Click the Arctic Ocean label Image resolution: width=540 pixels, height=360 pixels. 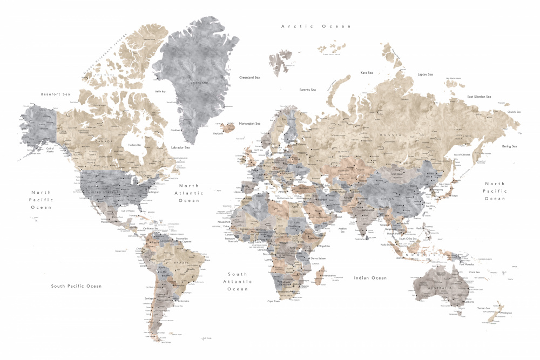(316, 26)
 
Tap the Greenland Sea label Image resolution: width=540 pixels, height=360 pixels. (250, 77)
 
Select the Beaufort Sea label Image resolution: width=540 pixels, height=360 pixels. (56, 94)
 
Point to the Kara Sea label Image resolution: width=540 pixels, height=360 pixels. (367, 72)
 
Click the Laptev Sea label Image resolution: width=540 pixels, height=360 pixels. (425, 74)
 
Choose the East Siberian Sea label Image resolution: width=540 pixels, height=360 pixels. (479, 97)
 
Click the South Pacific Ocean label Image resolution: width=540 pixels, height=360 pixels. (76, 286)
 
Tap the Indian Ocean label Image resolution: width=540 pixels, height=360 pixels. (370, 277)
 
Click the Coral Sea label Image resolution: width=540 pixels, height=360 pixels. (475, 272)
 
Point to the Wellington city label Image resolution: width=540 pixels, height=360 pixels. (506, 313)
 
